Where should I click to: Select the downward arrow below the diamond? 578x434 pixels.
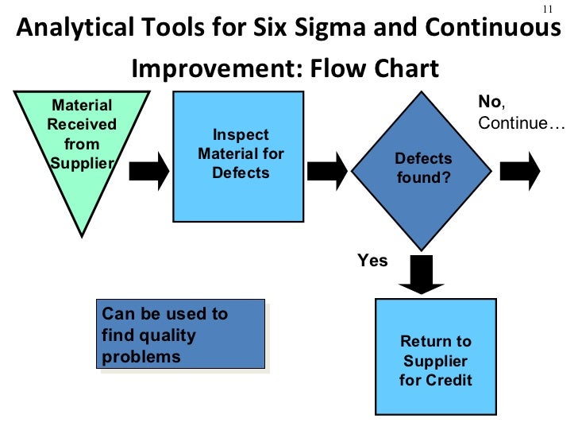click(x=421, y=273)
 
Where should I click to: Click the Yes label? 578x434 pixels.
click(x=372, y=261)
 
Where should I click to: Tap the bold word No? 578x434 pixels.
click(x=488, y=102)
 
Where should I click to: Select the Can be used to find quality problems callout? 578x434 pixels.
click(x=180, y=335)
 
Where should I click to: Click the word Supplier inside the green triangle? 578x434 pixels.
click(x=82, y=163)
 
